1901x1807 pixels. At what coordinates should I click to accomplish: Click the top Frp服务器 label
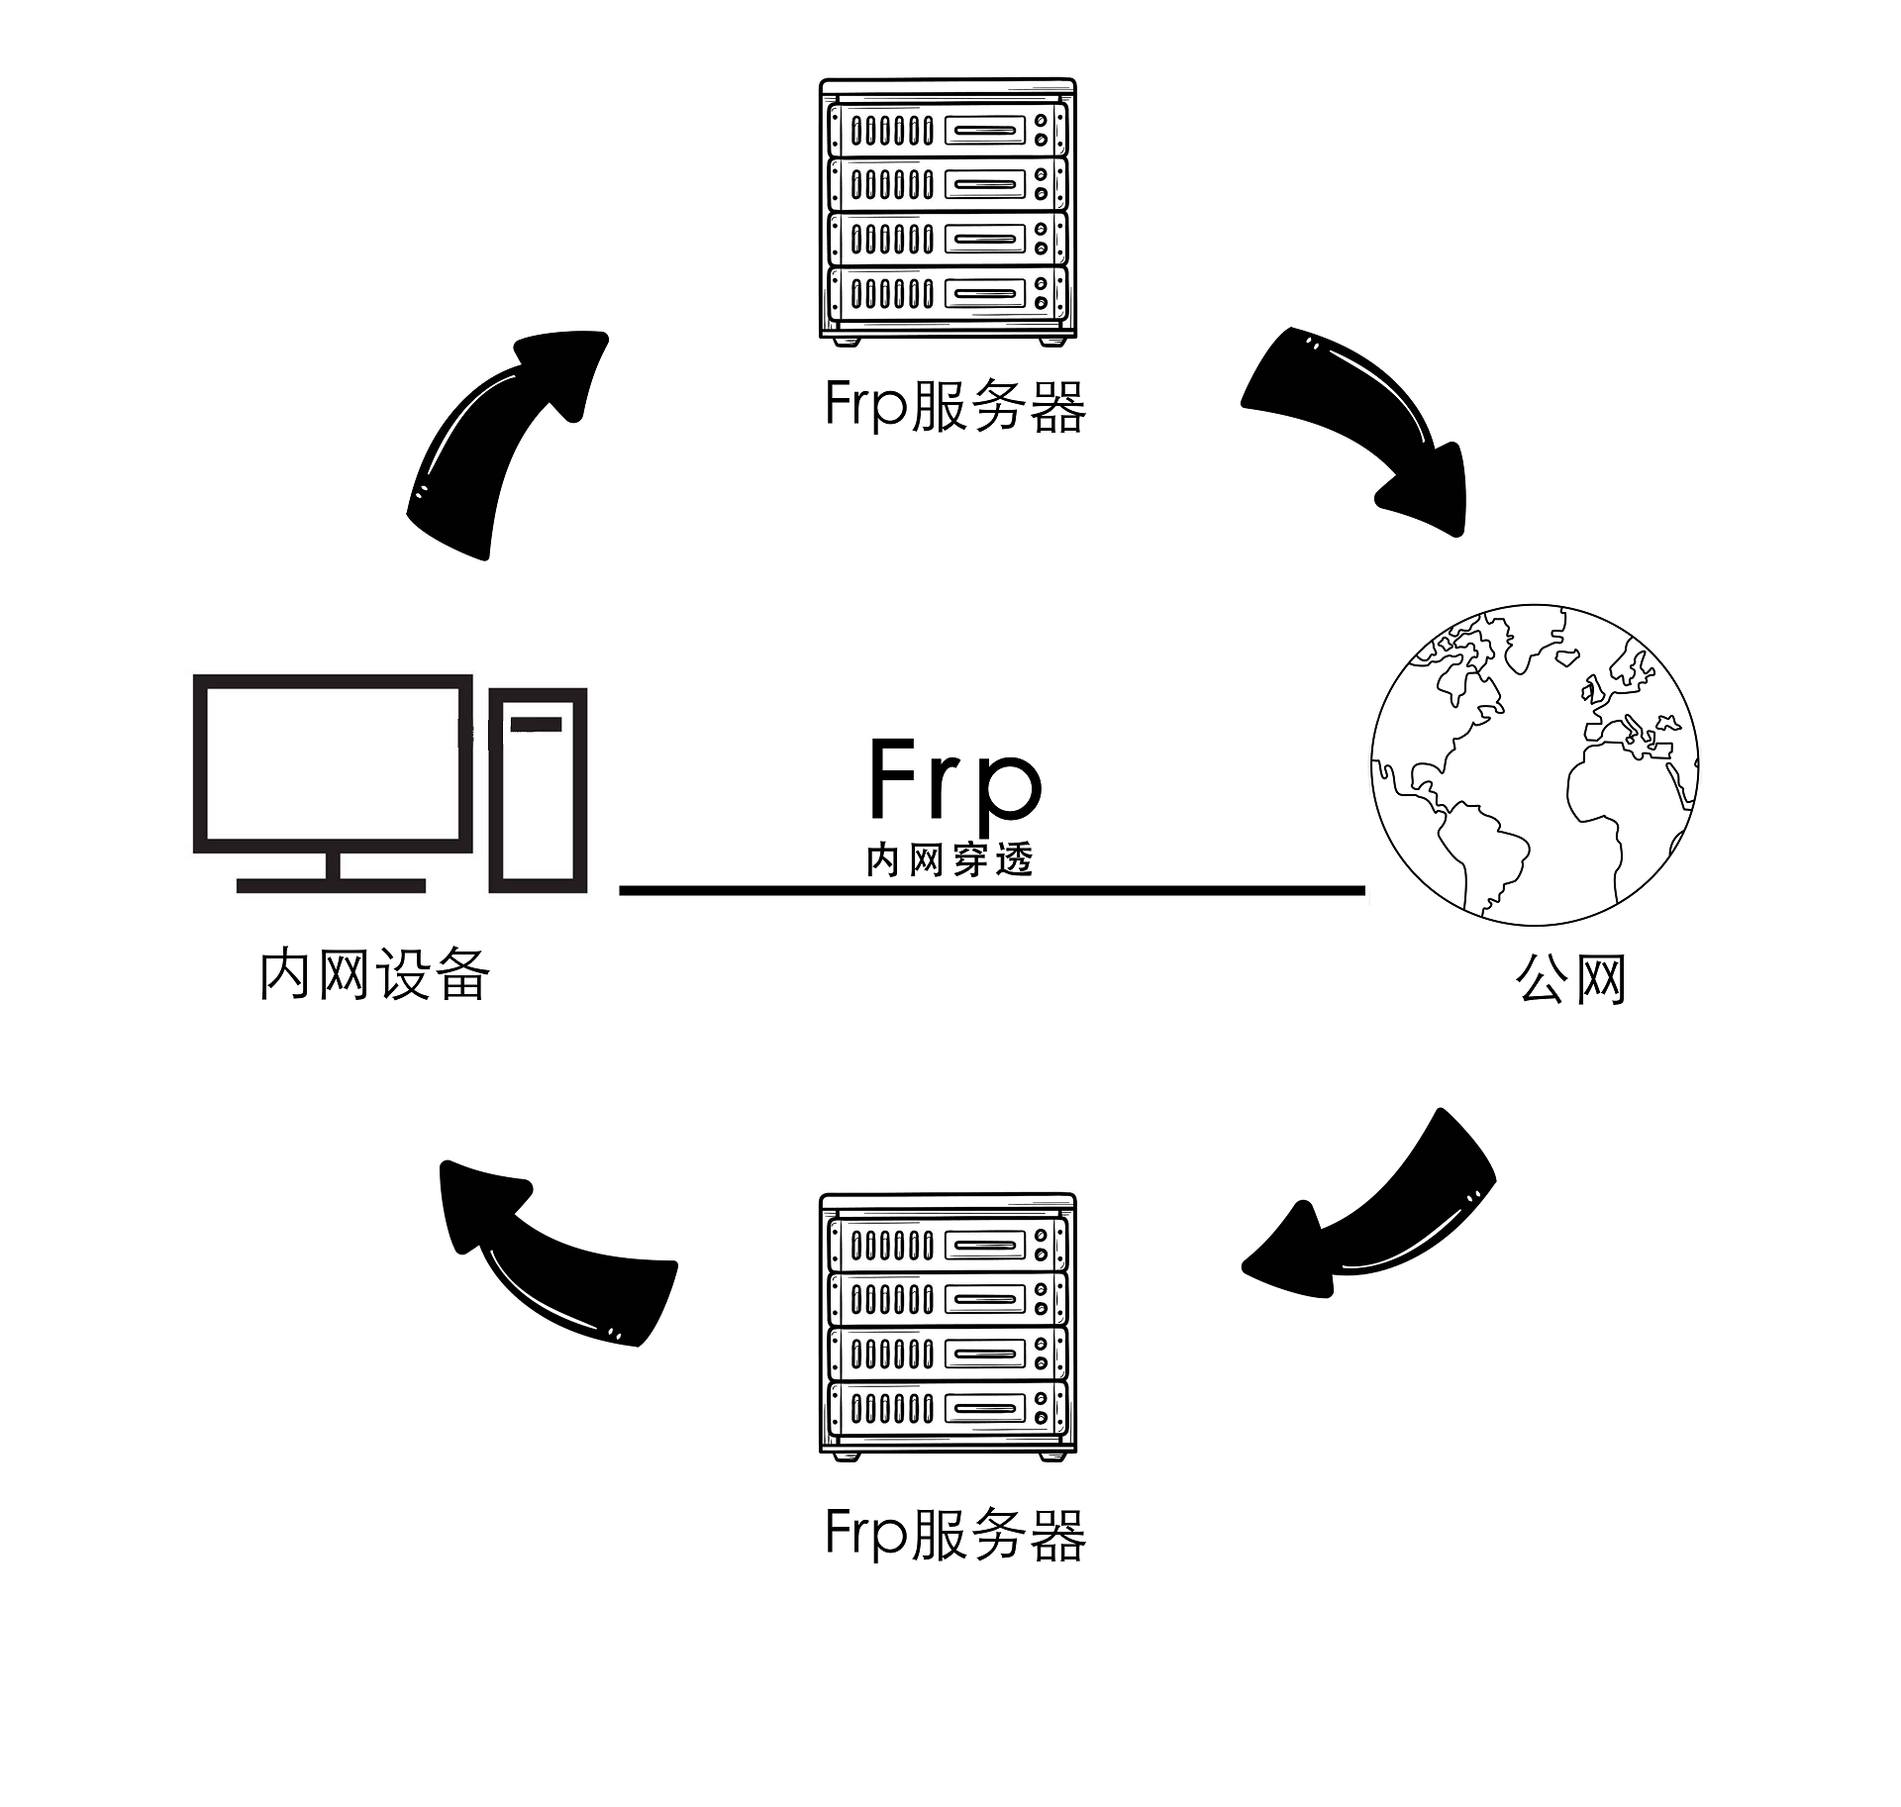click(955, 406)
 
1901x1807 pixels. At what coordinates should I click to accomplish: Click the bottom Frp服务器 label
click(955, 1536)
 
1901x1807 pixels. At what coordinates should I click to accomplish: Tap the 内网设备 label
click(374, 974)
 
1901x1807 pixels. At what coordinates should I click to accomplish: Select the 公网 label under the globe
click(1571, 980)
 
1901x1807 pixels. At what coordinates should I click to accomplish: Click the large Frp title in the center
click(954, 782)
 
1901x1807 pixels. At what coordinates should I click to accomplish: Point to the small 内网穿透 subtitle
click(950, 859)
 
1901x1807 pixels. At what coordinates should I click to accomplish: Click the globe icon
click(1534, 764)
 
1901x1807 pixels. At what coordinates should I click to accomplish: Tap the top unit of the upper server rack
click(948, 130)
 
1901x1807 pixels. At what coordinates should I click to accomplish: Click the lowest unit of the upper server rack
click(948, 293)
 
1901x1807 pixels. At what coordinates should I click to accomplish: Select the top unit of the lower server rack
click(948, 1245)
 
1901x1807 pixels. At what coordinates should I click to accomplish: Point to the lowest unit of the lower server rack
click(948, 1408)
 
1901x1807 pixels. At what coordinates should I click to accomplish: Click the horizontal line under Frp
click(990, 891)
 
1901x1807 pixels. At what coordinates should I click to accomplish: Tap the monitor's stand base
click(331, 885)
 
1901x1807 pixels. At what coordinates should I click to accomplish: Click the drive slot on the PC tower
click(537, 725)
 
